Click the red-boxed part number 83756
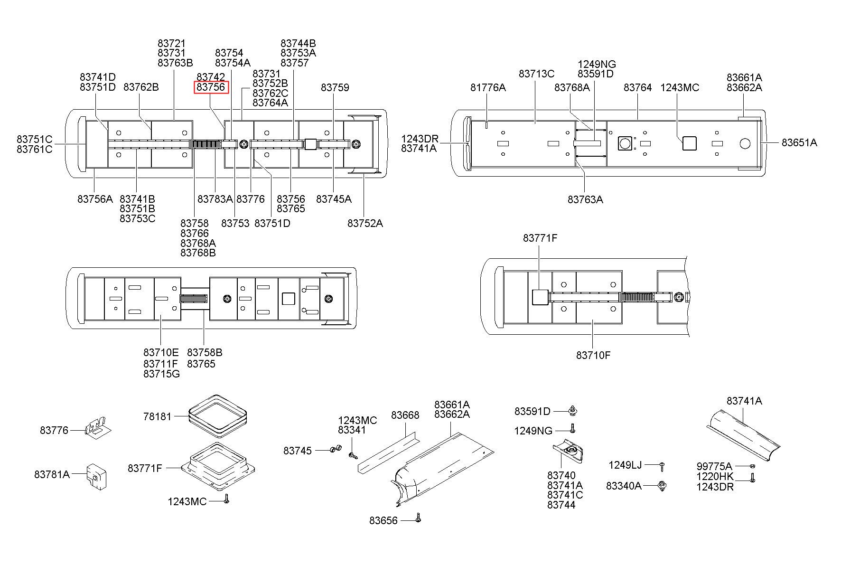pyautogui.click(x=211, y=87)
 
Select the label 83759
pyautogui.click(x=335, y=87)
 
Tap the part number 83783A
pyautogui.click(x=215, y=199)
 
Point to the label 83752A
pyautogui.click(x=364, y=223)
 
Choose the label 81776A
pyautogui.click(x=488, y=87)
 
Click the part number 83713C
pyautogui.click(x=536, y=74)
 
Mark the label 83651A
pyautogui.click(x=799, y=142)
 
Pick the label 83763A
pyautogui.click(x=585, y=199)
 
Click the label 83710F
pyautogui.click(x=593, y=355)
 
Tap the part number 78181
pyautogui.click(x=157, y=416)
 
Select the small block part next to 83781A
pyautogui.click(x=96, y=476)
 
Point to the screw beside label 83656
pyautogui.click(x=418, y=518)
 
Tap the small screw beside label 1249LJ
pyautogui.click(x=662, y=466)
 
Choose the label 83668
pyautogui.click(x=405, y=415)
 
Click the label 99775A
pyautogui.click(x=714, y=466)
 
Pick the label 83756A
pyautogui.click(x=95, y=199)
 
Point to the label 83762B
pyautogui.click(x=141, y=87)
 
